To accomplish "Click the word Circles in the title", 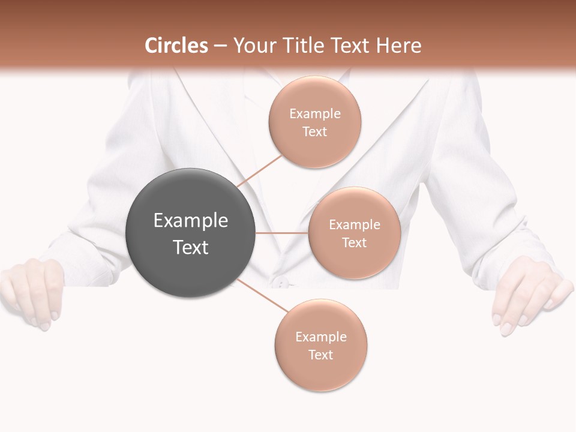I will click(176, 46).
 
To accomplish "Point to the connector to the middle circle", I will click(281, 233).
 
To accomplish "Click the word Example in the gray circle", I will click(191, 221).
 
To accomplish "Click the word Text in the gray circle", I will click(191, 247).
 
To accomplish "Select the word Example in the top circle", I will click(315, 114).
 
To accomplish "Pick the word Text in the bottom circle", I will click(321, 355).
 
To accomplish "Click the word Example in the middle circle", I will click(355, 225).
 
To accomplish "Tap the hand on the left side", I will click(33, 291).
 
